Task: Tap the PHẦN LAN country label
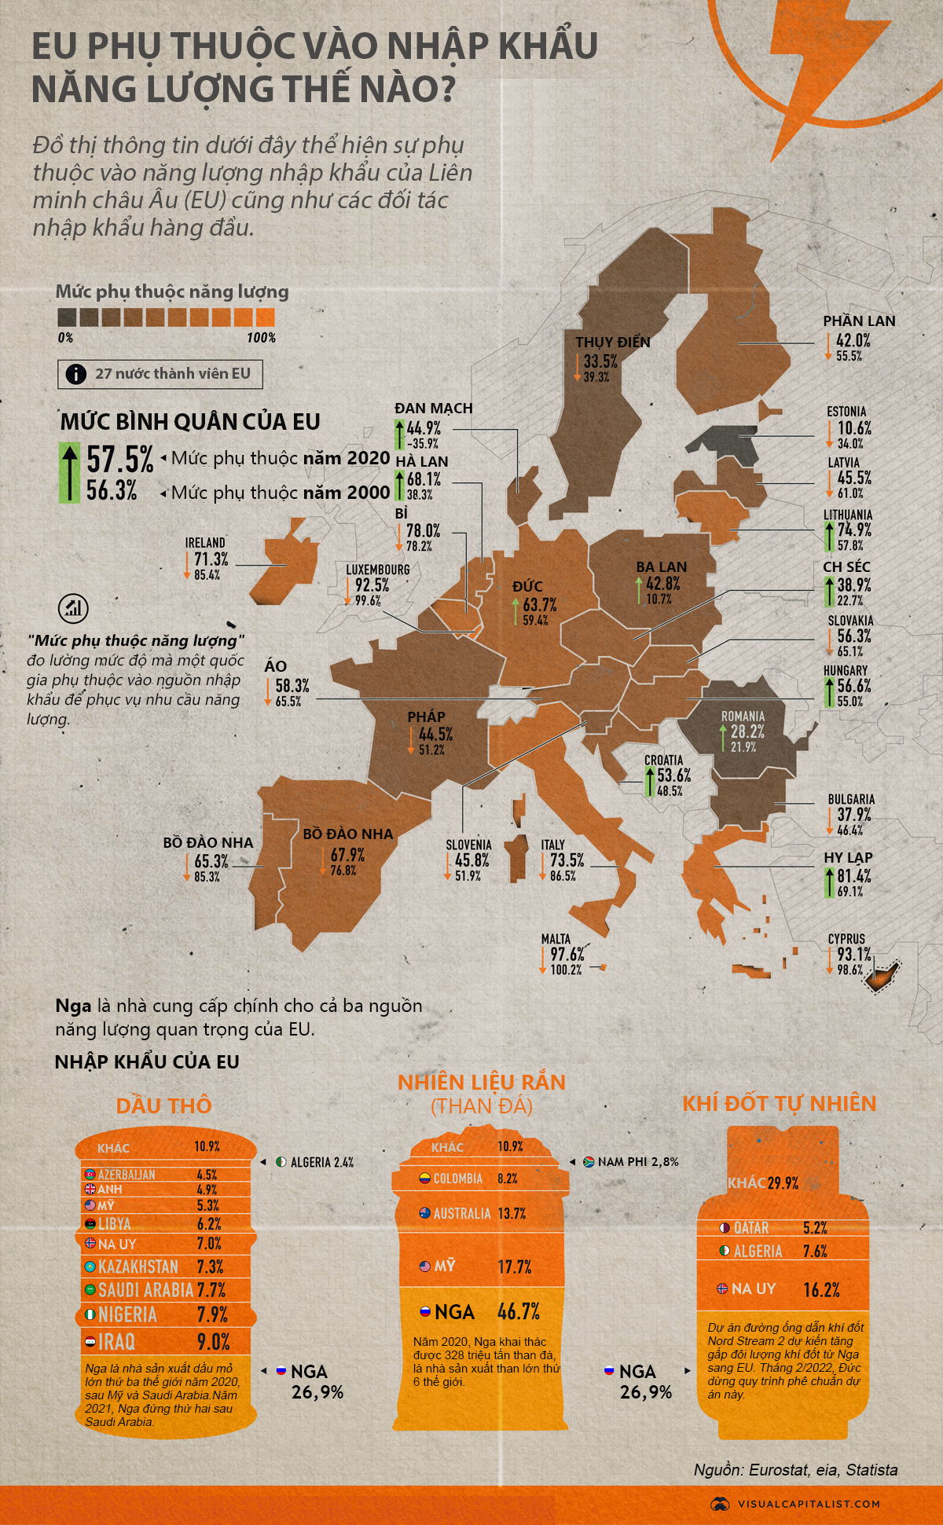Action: click(859, 321)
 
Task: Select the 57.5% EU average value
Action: click(119, 460)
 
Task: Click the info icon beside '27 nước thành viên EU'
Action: click(76, 374)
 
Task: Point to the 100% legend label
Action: click(261, 338)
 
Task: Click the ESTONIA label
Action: click(846, 412)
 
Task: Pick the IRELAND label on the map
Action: click(205, 543)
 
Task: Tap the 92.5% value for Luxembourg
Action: click(372, 585)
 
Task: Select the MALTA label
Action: click(556, 939)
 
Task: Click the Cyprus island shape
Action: click(879, 978)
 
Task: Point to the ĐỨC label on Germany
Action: click(527, 586)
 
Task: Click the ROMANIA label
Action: click(743, 716)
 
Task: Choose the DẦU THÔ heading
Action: click(163, 1105)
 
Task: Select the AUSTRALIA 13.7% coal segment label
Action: click(479, 1213)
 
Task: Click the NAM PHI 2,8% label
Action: click(637, 1161)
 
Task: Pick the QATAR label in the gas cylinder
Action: click(751, 1227)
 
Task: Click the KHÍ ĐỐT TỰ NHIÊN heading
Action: click(779, 1103)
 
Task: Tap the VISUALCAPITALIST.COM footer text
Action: click(809, 1503)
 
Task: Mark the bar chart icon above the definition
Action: click(73, 607)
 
